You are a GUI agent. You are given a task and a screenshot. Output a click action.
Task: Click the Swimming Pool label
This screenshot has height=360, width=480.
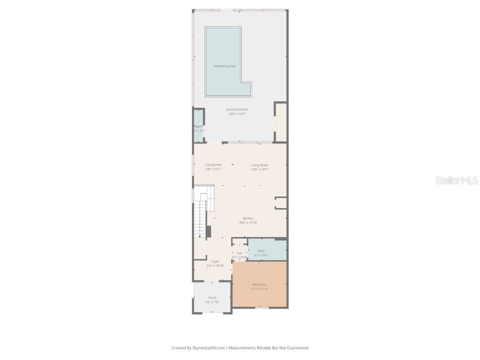(224, 66)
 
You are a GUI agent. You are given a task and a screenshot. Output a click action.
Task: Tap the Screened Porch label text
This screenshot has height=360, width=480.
(237, 110)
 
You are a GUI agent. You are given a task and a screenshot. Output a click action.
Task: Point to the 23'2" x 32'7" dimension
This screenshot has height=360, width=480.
(237, 114)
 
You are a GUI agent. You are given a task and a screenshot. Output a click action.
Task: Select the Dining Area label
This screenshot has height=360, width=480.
(213, 165)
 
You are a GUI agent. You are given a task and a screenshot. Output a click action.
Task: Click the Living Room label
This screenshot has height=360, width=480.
(259, 165)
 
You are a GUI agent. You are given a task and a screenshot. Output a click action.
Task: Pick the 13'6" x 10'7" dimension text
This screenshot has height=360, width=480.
(259, 169)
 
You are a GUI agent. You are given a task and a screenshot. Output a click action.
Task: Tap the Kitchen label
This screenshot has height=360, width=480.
(248, 218)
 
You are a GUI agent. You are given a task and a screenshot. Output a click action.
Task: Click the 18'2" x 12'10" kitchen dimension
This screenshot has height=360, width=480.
(248, 223)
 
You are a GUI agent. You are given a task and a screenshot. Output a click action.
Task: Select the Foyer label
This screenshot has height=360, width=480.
(215, 262)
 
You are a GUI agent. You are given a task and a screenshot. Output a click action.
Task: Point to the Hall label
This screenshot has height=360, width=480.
(240, 253)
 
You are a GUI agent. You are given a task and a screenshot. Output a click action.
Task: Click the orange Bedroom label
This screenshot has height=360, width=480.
(259, 285)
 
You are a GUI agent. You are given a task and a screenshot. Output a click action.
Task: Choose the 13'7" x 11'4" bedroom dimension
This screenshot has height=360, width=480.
(259, 289)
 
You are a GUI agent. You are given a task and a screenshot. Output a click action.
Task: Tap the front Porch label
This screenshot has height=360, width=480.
(212, 298)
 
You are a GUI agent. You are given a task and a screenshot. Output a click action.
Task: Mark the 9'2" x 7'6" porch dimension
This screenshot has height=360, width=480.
(212, 302)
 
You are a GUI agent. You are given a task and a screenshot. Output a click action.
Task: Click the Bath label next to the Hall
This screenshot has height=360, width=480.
(261, 251)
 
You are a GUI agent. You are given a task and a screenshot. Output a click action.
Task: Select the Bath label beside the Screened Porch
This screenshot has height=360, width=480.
(199, 127)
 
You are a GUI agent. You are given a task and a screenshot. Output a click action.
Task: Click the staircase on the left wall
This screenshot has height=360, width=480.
(200, 218)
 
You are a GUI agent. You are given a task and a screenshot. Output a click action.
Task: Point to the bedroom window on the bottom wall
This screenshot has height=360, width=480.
(262, 307)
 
